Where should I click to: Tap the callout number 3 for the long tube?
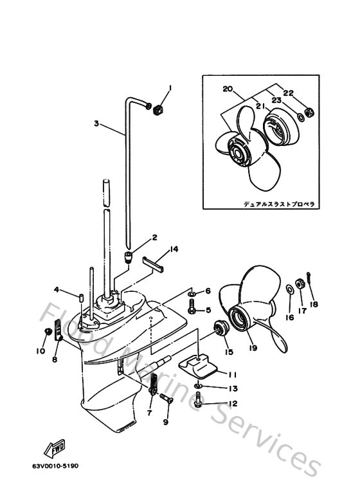(96, 123)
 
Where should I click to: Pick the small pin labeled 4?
(80, 296)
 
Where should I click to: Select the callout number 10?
(40, 350)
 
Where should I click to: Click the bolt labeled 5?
(192, 311)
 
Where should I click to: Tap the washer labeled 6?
(192, 293)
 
